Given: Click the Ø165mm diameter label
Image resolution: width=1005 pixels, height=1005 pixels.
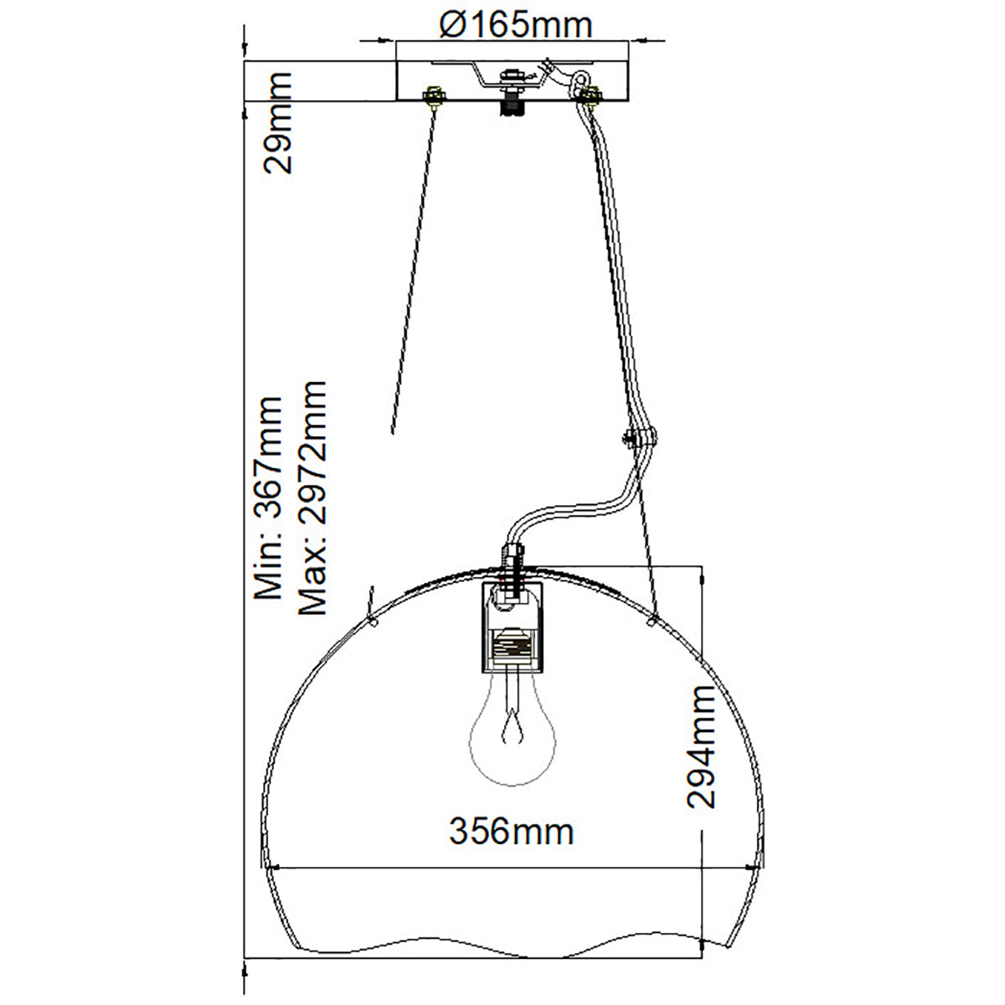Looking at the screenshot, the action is click(x=515, y=25).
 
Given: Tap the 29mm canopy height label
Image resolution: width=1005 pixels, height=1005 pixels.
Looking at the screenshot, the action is click(x=277, y=122).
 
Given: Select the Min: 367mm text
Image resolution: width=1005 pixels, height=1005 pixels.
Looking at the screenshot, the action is click(x=268, y=498).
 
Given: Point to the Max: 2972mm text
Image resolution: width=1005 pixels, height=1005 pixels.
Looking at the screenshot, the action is click(x=312, y=498).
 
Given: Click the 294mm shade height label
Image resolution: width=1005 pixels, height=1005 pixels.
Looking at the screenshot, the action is click(x=700, y=747).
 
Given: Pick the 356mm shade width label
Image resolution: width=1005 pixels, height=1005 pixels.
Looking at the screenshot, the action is click(x=511, y=832).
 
